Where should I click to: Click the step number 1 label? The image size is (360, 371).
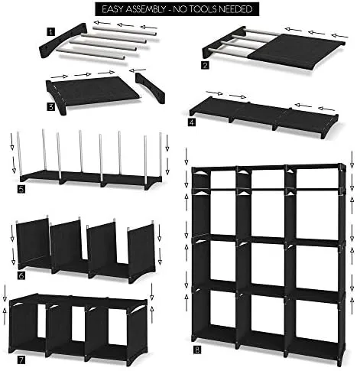tap(50, 32)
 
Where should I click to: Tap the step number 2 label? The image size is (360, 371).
tap(205, 65)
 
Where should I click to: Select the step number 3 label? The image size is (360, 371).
tap(50, 107)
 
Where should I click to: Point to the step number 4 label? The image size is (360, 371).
tap(192, 122)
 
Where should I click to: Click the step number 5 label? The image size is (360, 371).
tap(21, 189)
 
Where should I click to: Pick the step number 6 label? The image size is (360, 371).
tap(21, 275)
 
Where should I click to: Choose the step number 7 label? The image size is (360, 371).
tap(21, 360)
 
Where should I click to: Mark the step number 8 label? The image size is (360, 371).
tap(197, 350)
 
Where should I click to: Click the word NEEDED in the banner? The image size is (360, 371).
tap(235, 9)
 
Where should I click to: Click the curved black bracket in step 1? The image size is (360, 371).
tap(62, 41)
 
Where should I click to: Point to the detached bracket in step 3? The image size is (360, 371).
tap(151, 88)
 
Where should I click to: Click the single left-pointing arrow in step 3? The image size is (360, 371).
tap(138, 70)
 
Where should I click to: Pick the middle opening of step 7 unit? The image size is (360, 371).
tap(78, 324)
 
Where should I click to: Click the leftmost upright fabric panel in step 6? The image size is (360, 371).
tap(34, 243)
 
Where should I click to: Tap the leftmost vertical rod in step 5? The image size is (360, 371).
tap(19, 153)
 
